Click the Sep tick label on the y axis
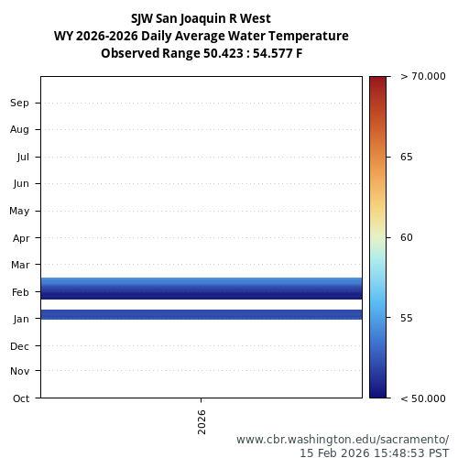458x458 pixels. [x=20, y=103]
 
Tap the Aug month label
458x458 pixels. [x=20, y=129]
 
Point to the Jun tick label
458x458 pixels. [x=21, y=183]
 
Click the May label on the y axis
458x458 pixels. [x=19, y=211]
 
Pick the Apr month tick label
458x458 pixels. [x=21, y=238]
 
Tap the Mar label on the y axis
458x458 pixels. [x=20, y=265]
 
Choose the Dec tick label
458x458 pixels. [x=20, y=346]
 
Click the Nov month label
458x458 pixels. [x=20, y=371]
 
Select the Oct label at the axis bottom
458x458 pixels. [x=21, y=398]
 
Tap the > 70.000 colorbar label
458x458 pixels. [x=423, y=77]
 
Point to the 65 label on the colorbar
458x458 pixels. [x=407, y=157]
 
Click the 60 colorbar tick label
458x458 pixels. [x=407, y=237]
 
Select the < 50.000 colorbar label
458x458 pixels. [x=423, y=398]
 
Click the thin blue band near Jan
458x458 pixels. [x=202, y=314]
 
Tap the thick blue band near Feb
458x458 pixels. [x=202, y=289]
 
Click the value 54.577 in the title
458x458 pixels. [x=267, y=53]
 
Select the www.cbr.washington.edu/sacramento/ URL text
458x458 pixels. [x=343, y=440]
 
